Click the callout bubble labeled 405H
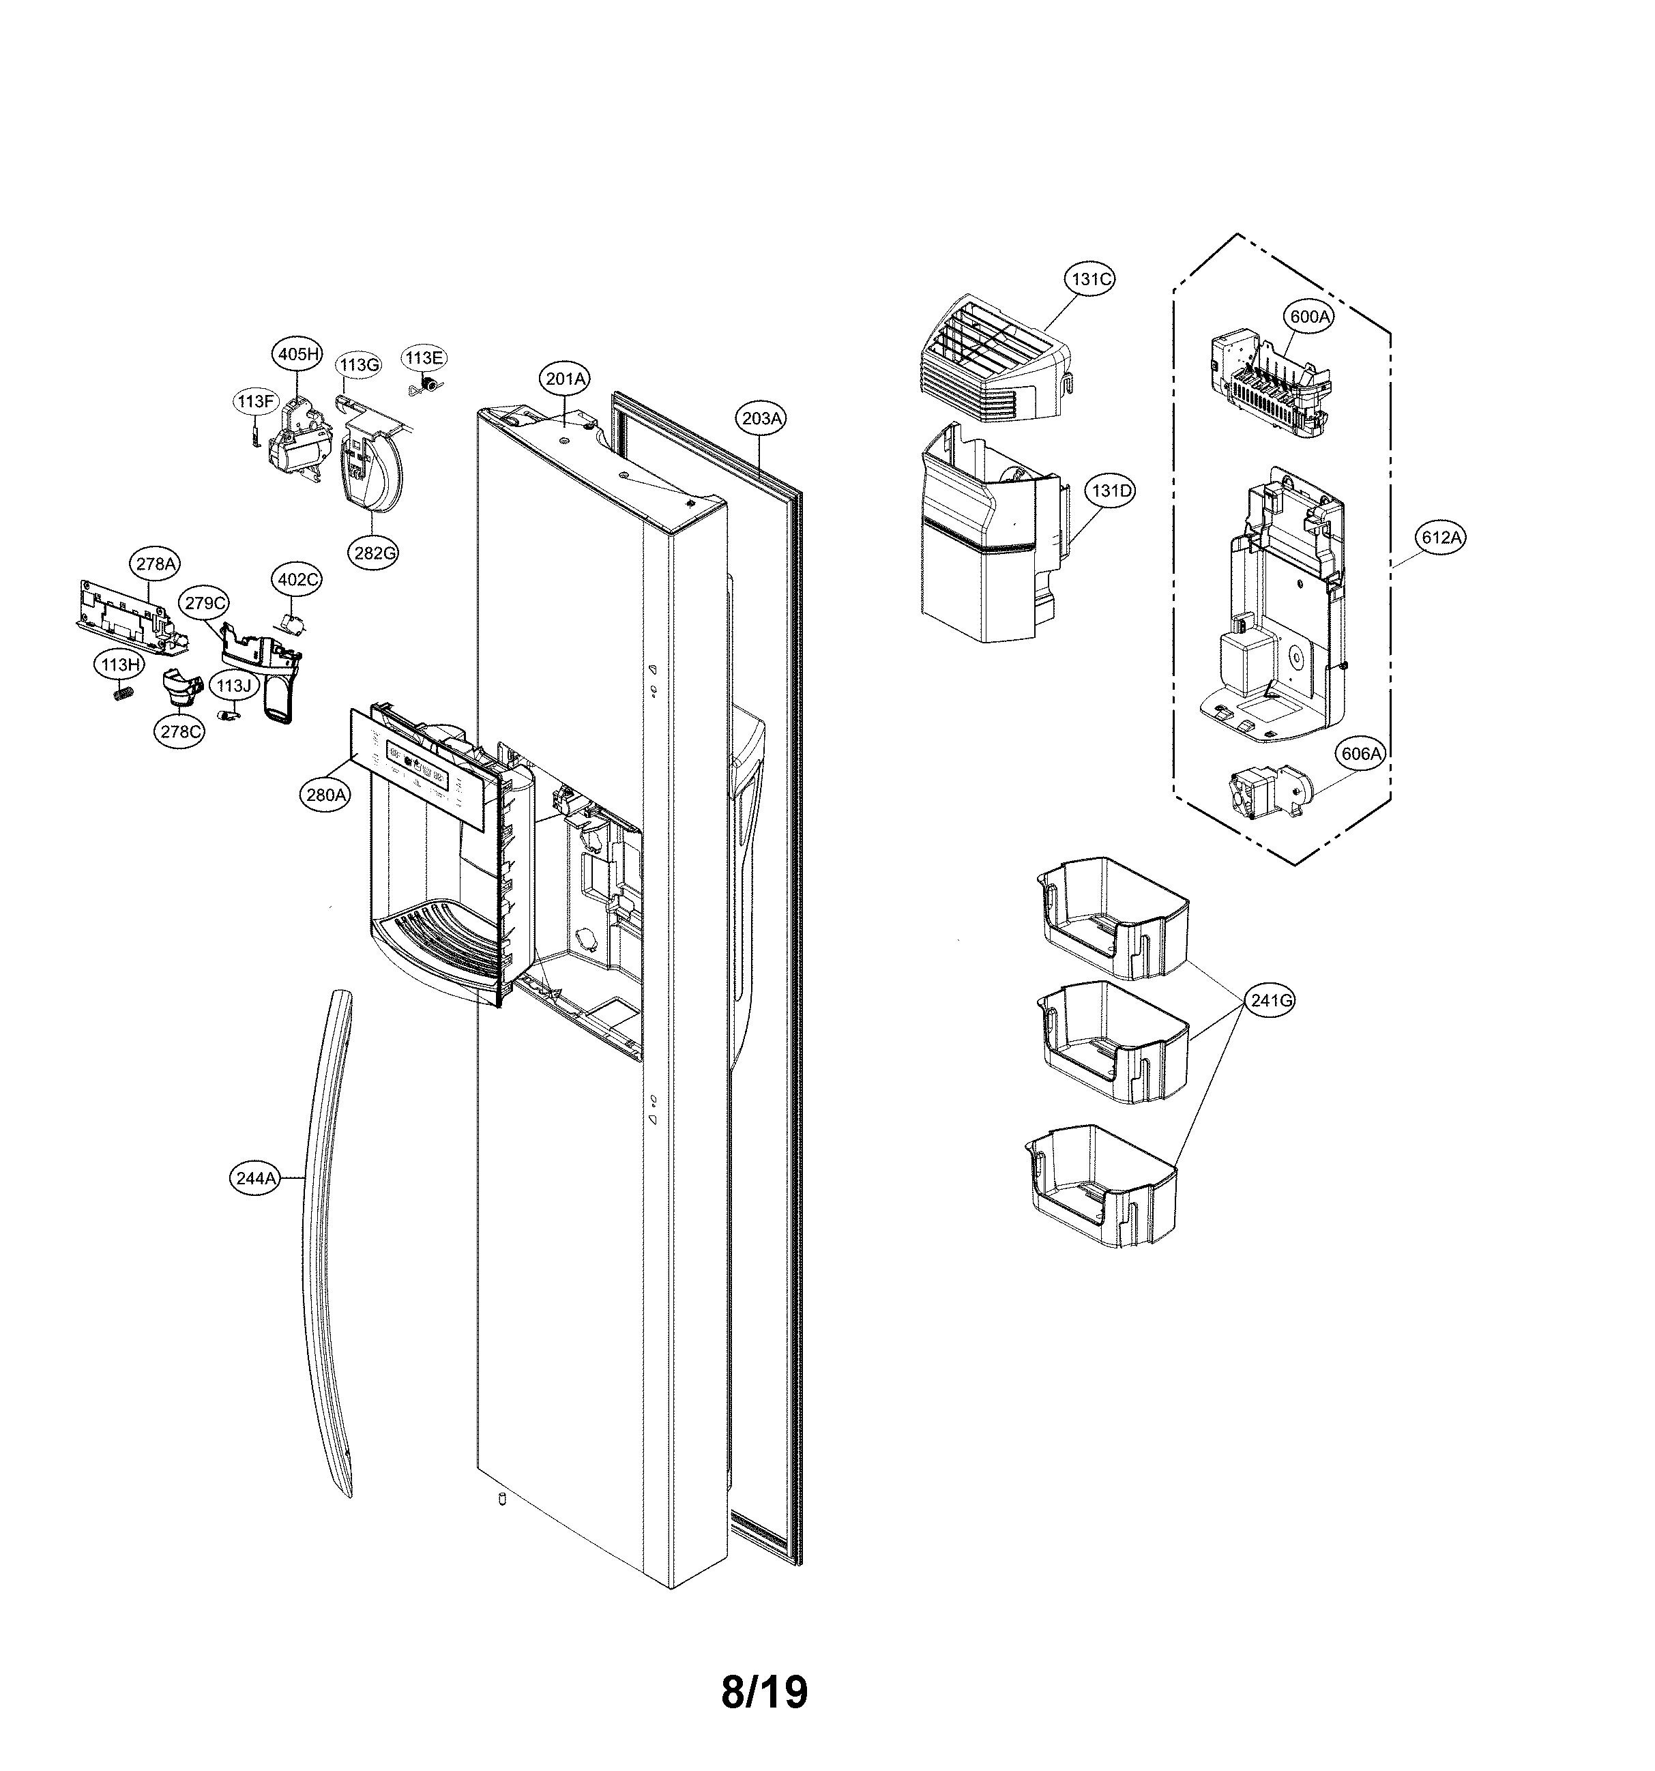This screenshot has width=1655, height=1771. tap(297, 353)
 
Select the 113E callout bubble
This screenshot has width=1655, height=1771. tap(424, 358)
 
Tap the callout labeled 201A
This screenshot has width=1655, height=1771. tap(566, 379)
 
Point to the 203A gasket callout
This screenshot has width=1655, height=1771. tap(761, 418)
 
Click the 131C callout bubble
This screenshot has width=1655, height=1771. tap(1090, 279)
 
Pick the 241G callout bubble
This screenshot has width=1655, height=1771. tap(1270, 1000)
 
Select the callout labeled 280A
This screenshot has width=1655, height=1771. tap(325, 795)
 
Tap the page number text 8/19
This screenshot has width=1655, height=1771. tap(763, 1692)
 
